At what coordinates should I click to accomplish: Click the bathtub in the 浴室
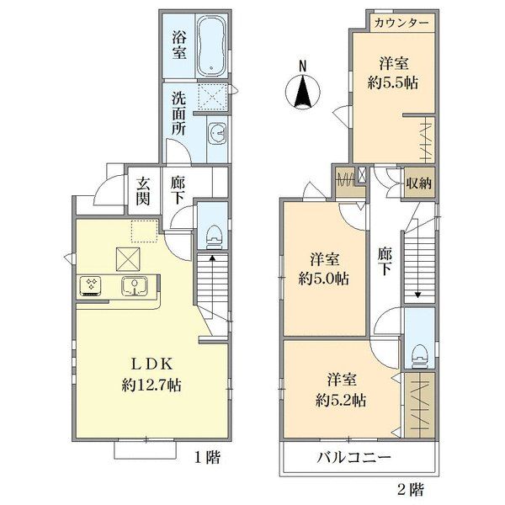(211, 45)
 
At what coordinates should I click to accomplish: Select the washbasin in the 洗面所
(217, 132)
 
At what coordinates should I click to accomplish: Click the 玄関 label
(143, 191)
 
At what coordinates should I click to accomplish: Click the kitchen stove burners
(91, 285)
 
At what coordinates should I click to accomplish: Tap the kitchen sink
(135, 285)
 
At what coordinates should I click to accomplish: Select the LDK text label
(151, 364)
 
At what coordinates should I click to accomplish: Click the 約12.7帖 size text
(151, 385)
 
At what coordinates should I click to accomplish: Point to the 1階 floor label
(208, 457)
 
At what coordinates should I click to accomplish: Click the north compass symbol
(303, 88)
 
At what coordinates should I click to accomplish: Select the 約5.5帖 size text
(393, 83)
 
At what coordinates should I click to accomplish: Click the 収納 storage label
(418, 183)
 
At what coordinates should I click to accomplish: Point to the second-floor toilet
(418, 357)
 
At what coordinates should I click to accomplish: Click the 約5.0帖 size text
(324, 279)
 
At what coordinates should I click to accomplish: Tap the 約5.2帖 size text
(341, 401)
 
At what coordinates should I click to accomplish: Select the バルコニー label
(354, 458)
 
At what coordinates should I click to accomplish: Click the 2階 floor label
(411, 490)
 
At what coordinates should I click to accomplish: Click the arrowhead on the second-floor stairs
(418, 295)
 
